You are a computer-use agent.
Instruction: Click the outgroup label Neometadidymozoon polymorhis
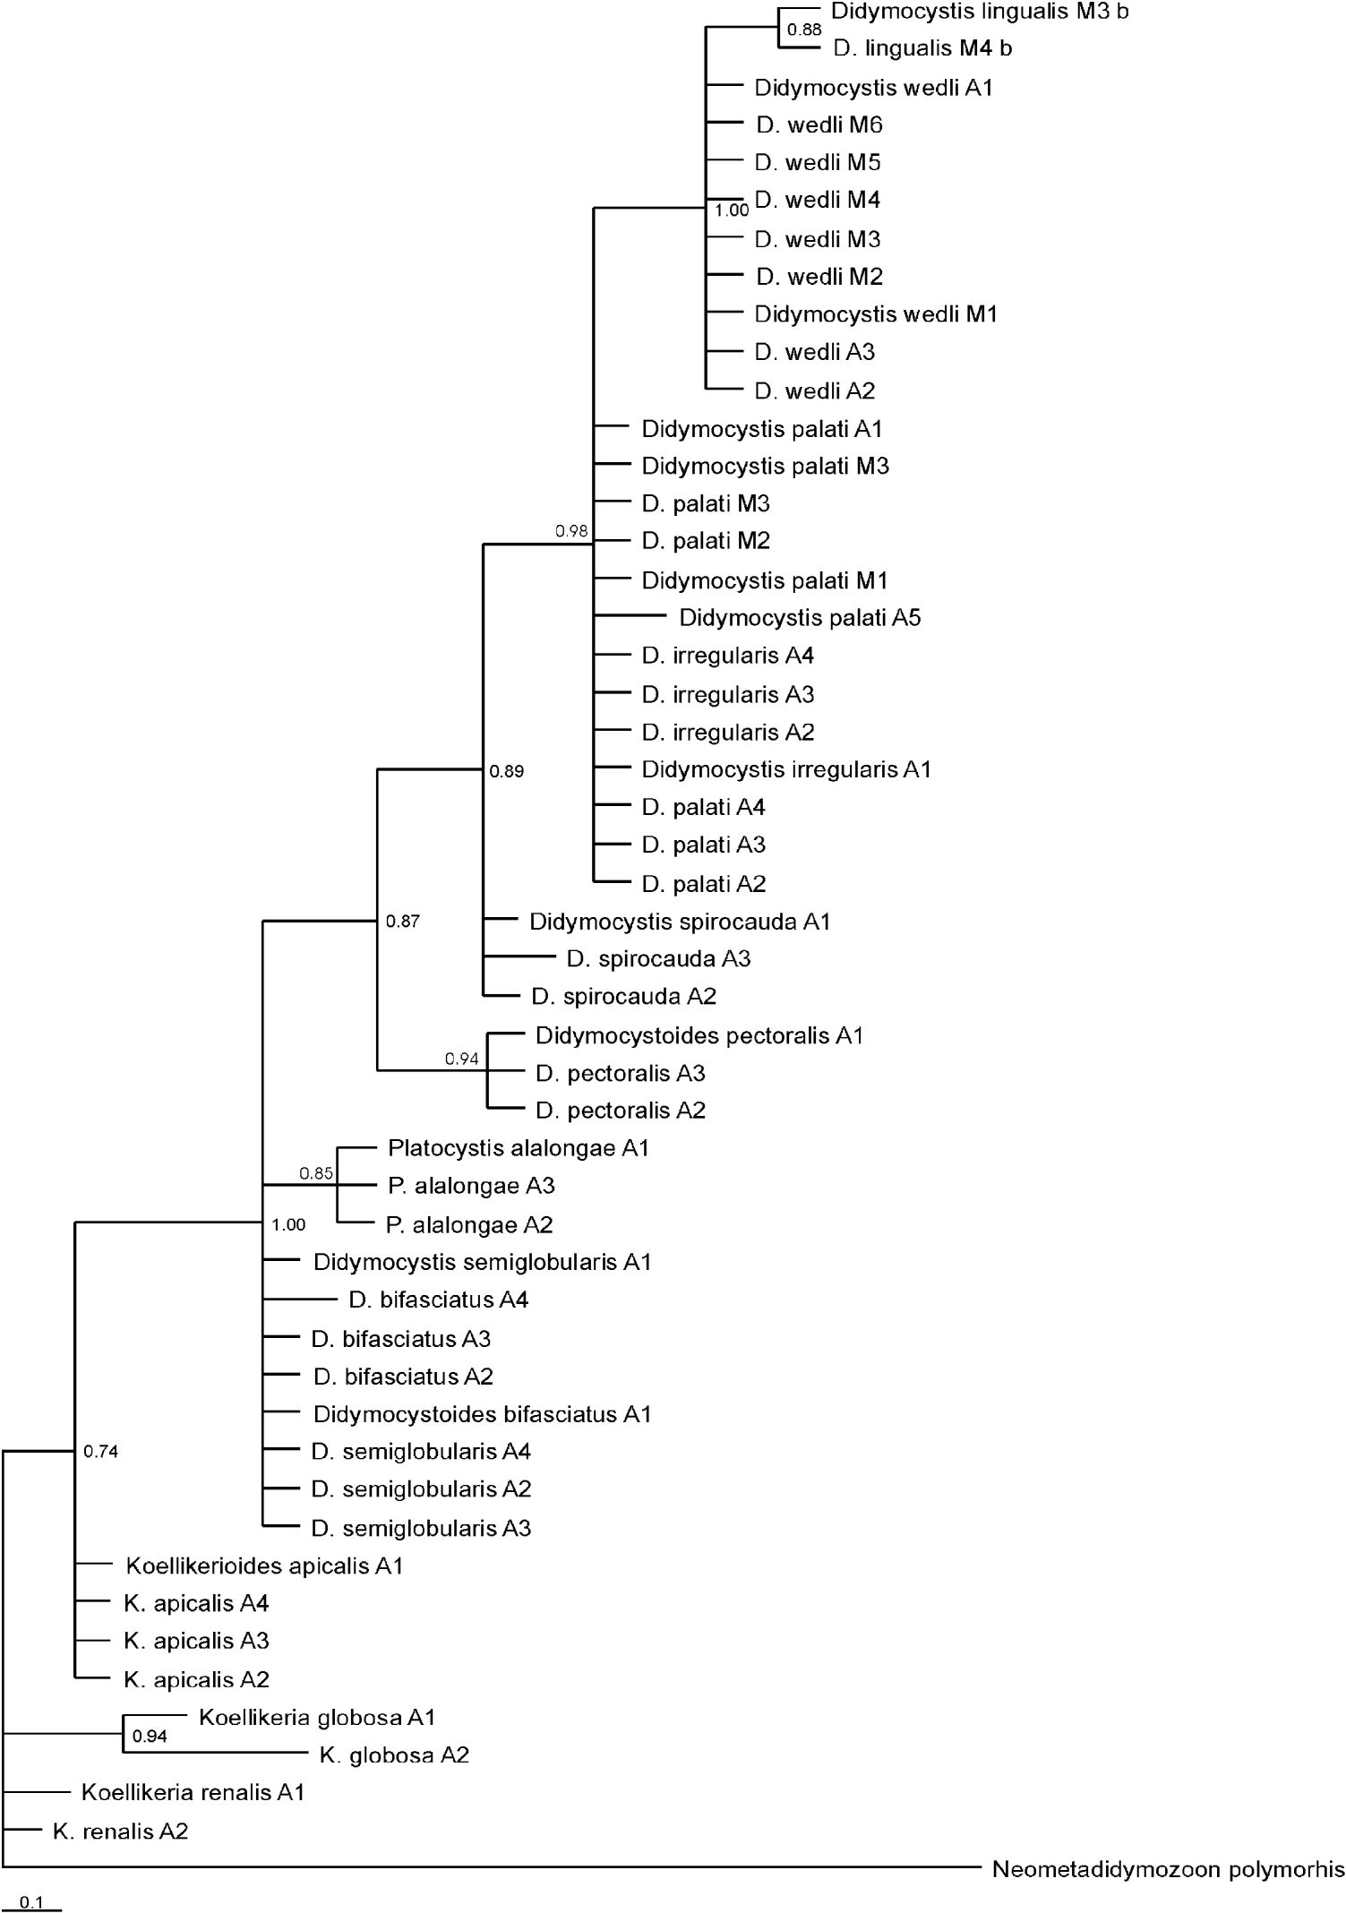pyautogui.click(x=1168, y=1869)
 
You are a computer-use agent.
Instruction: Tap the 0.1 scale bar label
pyautogui.click(x=31, y=1903)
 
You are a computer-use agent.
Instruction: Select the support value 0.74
pyautogui.click(x=100, y=1452)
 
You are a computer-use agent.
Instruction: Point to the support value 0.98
pyautogui.click(x=571, y=531)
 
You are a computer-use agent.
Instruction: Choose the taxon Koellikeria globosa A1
pyautogui.click(x=317, y=1717)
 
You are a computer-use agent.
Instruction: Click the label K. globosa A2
pyautogui.click(x=394, y=1754)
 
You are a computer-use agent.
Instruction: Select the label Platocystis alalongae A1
pyautogui.click(x=518, y=1148)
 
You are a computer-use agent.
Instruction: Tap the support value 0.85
pyautogui.click(x=316, y=1173)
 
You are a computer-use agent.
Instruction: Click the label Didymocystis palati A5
pyautogui.click(x=800, y=618)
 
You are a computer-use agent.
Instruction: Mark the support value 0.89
pyautogui.click(x=506, y=771)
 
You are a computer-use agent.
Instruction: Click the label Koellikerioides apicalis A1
pyautogui.click(x=264, y=1566)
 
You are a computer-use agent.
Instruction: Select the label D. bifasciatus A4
pyautogui.click(x=439, y=1300)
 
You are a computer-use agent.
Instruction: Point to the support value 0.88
pyautogui.click(x=803, y=30)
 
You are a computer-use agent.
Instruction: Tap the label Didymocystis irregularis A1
pyautogui.click(x=786, y=769)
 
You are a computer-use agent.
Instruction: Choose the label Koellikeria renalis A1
pyautogui.click(x=193, y=1792)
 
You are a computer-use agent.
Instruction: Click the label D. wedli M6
pyautogui.click(x=819, y=125)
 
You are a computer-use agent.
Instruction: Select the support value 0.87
pyautogui.click(x=402, y=921)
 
